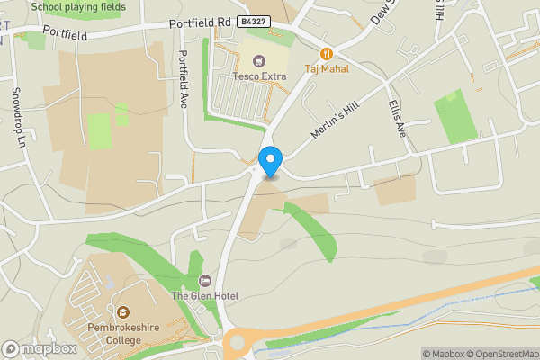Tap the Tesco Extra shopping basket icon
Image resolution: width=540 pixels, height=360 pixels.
(x=259, y=60)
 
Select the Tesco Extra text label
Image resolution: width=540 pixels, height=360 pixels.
(x=259, y=76)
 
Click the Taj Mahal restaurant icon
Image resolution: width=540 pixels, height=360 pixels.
(x=326, y=54)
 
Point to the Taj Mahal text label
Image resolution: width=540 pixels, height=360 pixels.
(x=326, y=68)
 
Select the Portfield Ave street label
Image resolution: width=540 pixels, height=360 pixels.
(x=184, y=78)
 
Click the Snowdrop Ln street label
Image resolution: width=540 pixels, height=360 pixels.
(x=17, y=114)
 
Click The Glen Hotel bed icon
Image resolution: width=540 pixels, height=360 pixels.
(x=205, y=281)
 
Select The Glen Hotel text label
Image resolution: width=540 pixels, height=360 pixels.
(x=204, y=295)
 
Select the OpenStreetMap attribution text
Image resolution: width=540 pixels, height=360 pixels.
(x=503, y=354)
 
